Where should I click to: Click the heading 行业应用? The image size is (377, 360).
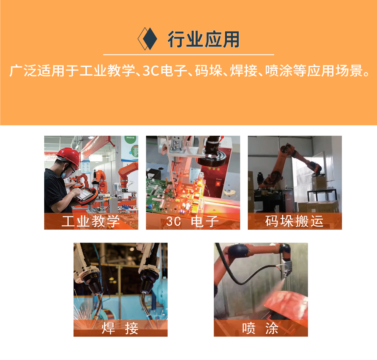[x=204, y=39]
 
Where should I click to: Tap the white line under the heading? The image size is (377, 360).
[x=188, y=55]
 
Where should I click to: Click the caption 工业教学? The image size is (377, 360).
[x=91, y=221]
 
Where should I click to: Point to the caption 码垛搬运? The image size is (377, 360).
[x=294, y=221]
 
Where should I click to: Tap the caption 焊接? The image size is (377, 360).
[x=120, y=328]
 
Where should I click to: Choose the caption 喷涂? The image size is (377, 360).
[x=260, y=328]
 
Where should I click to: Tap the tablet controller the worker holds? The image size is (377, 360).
[x=86, y=195]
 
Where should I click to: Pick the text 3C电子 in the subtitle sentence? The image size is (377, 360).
[x=165, y=71]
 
